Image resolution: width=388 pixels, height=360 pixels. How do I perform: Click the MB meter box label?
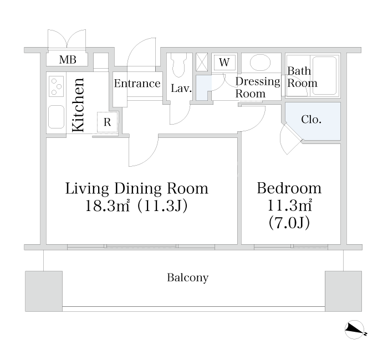(68, 60)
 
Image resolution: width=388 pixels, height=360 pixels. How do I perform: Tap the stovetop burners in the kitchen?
(57, 86)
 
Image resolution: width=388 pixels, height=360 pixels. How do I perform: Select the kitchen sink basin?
(57, 117)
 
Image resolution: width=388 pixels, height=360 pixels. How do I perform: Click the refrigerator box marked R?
(107, 122)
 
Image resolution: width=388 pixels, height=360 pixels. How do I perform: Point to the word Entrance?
(137, 84)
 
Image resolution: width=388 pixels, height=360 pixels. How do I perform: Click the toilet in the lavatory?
(178, 65)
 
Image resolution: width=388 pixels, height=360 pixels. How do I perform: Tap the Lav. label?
(181, 89)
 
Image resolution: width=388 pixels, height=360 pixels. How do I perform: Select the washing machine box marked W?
(224, 62)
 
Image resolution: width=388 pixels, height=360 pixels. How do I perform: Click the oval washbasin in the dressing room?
(260, 62)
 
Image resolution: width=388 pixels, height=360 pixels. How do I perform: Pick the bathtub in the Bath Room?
(324, 76)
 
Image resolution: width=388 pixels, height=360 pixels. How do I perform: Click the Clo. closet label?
(311, 120)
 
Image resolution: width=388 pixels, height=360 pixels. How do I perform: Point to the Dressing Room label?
(257, 88)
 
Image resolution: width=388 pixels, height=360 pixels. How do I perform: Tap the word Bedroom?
(289, 188)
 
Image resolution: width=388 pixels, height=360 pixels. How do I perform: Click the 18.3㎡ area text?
(108, 205)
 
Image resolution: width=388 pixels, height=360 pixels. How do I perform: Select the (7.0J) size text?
(289, 223)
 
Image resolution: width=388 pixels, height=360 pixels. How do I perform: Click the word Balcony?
(187, 277)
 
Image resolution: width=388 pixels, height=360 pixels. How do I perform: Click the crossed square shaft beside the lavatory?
(202, 62)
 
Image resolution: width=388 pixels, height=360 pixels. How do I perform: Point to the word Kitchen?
(78, 105)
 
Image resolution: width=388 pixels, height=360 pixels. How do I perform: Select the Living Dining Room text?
(136, 188)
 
